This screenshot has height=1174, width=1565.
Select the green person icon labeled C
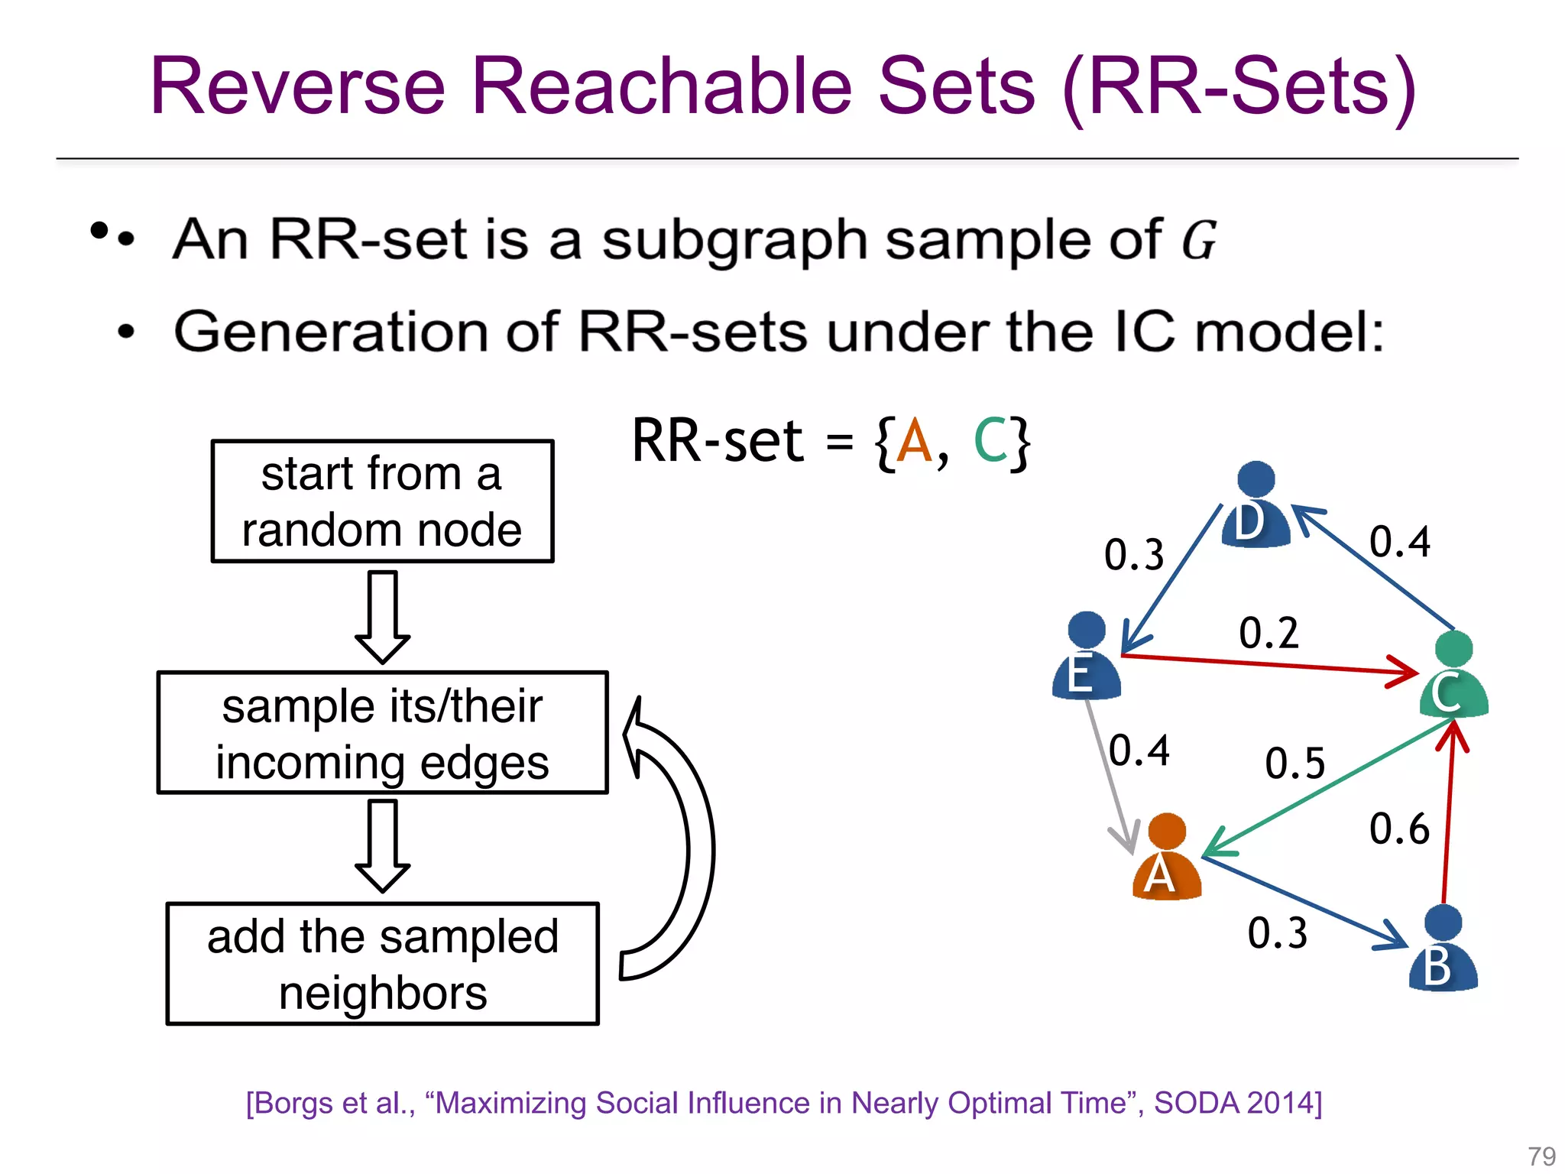click(1453, 676)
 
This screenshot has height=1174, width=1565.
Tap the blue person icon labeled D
click(1256, 506)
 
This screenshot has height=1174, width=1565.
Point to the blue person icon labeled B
click(1443, 949)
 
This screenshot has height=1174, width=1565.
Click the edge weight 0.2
click(1269, 634)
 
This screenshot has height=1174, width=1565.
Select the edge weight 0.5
click(1294, 764)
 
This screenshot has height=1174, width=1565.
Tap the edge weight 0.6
click(1398, 829)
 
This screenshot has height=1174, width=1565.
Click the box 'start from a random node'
click(382, 501)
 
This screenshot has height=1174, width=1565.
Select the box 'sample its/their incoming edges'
click(382, 733)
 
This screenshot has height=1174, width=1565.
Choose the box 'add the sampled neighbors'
click(382, 964)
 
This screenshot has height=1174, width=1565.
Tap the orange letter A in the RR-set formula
click(915, 443)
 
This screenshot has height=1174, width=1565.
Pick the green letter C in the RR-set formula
click(991, 443)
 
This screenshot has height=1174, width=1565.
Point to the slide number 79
click(1541, 1156)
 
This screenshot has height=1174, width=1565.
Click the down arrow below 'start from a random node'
click(382, 616)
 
